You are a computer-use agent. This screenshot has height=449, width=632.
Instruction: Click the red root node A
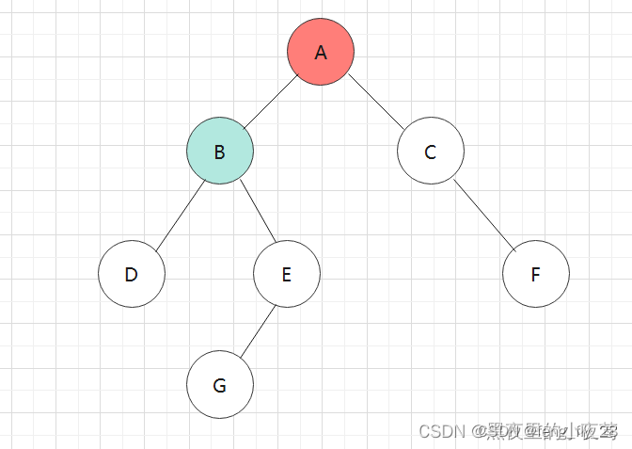pos(321,53)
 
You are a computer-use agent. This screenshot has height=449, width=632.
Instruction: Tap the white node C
pos(430,151)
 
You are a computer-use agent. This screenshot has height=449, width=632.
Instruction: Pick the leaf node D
pos(132,274)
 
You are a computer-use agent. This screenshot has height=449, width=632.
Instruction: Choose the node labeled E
pos(287,274)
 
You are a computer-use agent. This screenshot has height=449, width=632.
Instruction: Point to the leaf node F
pos(535,274)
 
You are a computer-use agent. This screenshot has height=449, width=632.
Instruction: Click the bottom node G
pos(219,385)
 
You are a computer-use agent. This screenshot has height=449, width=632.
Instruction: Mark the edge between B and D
pos(180,216)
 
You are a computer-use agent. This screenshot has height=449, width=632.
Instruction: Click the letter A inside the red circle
pos(321,53)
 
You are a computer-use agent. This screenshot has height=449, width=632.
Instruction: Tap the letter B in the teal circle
pos(219,152)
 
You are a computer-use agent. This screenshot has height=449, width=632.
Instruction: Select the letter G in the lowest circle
pos(219,385)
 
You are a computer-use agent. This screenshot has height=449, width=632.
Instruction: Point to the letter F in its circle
pos(535,275)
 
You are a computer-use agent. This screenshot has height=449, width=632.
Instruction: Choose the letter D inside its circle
pos(132,275)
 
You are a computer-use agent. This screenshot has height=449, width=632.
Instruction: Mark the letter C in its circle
pos(430,152)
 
